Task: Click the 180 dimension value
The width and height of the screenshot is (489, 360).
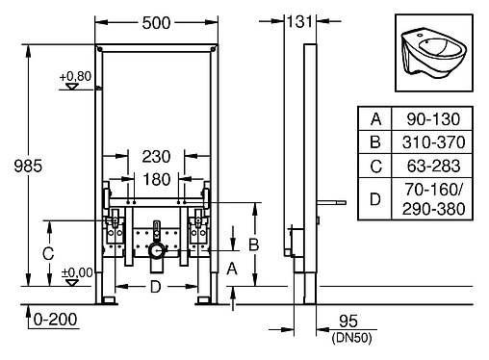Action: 159,179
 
